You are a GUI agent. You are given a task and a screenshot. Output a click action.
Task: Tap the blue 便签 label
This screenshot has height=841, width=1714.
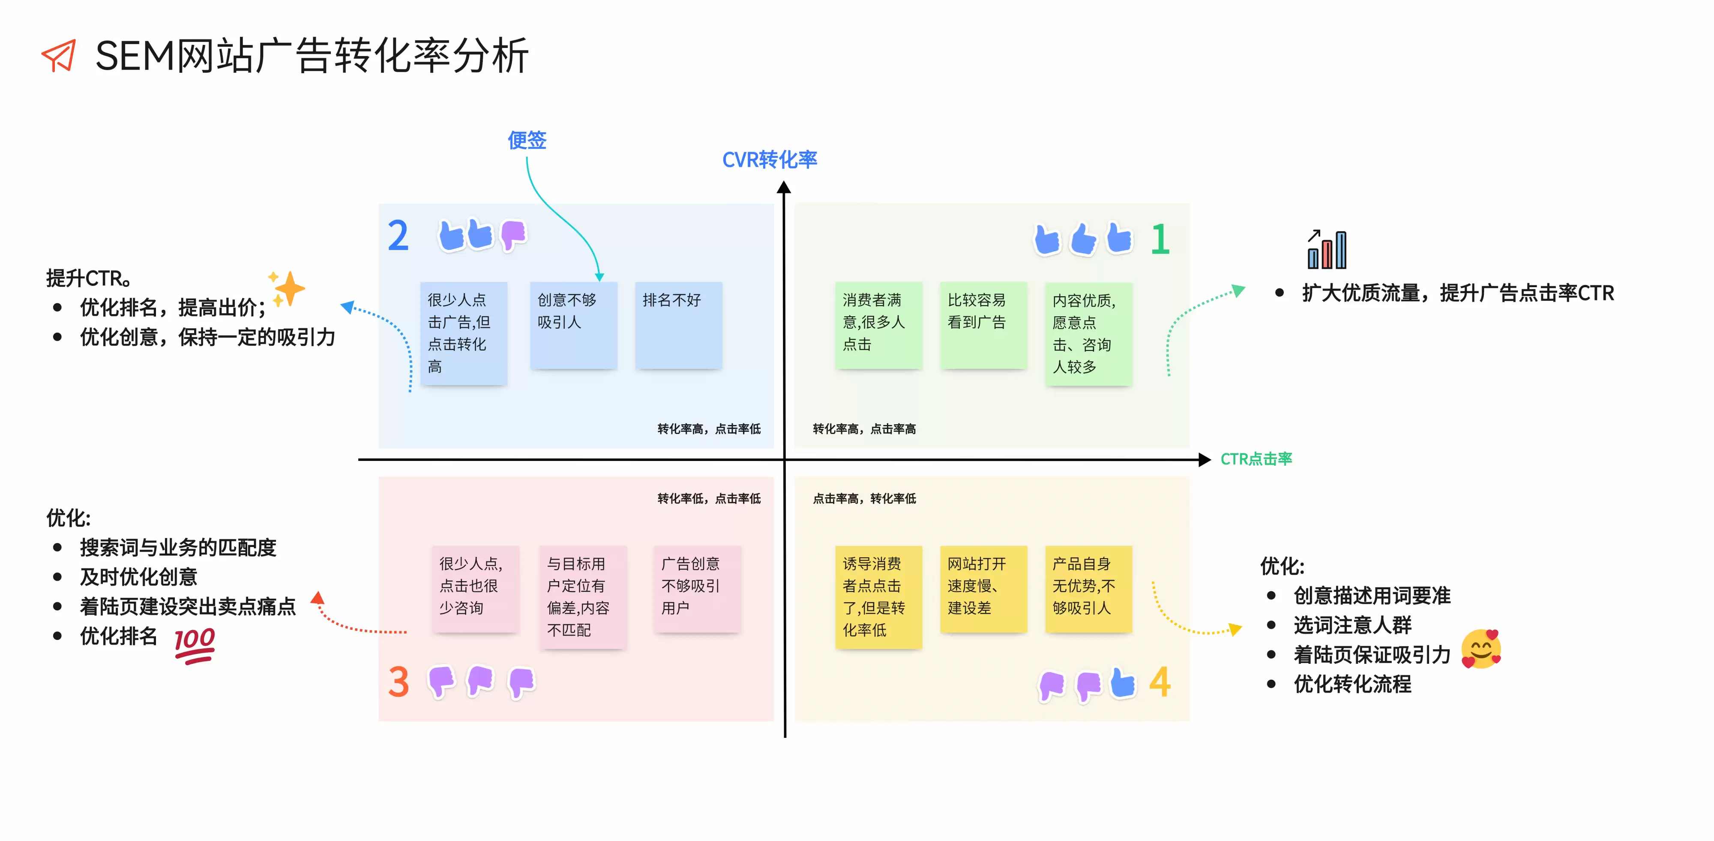click(527, 140)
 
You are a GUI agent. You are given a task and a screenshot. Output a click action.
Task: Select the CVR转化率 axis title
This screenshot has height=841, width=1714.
click(770, 160)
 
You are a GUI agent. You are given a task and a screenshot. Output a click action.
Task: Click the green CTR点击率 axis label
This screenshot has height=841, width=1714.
click(1256, 459)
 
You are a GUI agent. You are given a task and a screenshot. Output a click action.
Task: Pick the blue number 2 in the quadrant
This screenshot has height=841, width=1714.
click(398, 236)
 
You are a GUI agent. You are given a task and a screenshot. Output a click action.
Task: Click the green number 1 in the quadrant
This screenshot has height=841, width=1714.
click(1160, 239)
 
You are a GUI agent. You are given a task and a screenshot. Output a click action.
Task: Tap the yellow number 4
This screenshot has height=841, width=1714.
click(1160, 682)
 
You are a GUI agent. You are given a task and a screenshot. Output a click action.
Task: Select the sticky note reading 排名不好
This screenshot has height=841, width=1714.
click(678, 325)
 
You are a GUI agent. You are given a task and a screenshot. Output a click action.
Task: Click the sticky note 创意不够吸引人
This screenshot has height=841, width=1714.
click(574, 325)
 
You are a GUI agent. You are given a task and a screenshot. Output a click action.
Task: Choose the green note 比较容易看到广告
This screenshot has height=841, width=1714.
click(983, 325)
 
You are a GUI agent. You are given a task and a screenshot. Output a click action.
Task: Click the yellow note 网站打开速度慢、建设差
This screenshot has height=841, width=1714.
click(983, 589)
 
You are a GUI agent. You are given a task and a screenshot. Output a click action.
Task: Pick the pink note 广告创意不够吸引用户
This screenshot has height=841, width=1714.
click(697, 589)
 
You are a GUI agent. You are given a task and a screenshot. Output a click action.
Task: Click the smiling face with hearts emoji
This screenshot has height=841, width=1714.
click(1481, 649)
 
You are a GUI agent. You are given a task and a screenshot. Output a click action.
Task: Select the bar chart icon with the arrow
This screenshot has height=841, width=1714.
click(1327, 250)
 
